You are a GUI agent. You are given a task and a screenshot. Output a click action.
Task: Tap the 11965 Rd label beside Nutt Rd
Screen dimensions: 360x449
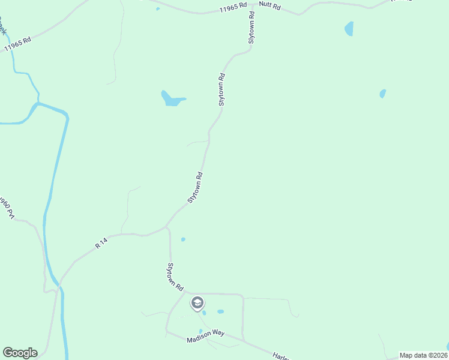pyautogui.click(x=234, y=8)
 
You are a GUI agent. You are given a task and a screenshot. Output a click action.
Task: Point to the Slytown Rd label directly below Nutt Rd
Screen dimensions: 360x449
pyautogui.click(x=253, y=27)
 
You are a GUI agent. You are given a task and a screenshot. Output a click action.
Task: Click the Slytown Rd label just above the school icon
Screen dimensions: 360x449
pyautogui.click(x=175, y=277)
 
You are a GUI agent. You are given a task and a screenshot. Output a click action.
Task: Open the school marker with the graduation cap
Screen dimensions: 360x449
pyautogui.click(x=197, y=303)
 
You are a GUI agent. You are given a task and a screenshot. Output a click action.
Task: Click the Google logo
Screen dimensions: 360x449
pyautogui.click(x=20, y=353)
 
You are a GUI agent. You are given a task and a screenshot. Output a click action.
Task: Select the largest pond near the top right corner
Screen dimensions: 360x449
pyautogui.click(x=349, y=28)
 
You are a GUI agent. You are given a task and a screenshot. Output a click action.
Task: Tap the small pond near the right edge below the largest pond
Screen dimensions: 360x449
pyautogui.click(x=382, y=94)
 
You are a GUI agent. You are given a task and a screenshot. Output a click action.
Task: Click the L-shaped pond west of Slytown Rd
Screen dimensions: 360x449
pyautogui.click(x=170, y=99)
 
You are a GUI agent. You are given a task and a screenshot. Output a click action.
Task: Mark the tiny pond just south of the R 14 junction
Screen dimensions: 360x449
pyautogui.click(x=183, y=239)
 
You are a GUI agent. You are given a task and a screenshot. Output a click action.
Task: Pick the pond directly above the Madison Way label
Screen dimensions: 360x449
pyautogui.click(x=200, y=331)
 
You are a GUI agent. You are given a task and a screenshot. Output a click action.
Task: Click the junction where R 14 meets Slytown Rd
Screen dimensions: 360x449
pyautogui.click(x=166, y=227)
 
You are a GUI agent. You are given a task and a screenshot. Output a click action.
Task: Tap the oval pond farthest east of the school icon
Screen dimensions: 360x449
pyautogui.click(x=220, y=311)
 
